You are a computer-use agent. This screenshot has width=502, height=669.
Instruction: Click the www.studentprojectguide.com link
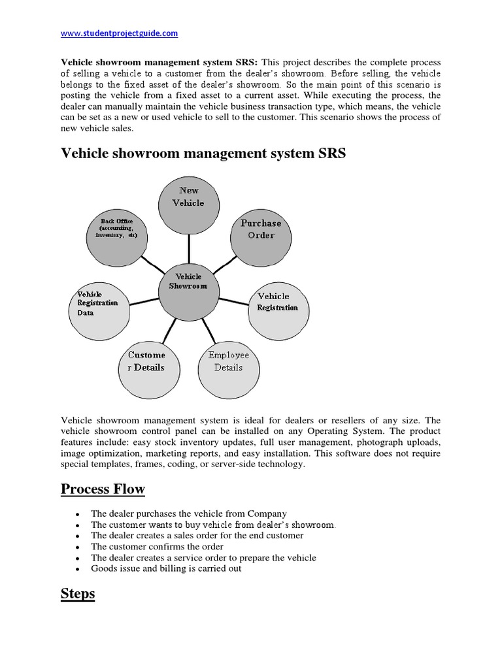click(x=119, y=33)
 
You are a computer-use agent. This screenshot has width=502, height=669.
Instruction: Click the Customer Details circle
click(x=146, y=361)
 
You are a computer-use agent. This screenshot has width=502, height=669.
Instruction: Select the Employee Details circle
click(x=228, y=361)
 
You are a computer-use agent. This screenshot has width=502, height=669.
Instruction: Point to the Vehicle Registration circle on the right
click(x=278, y=303)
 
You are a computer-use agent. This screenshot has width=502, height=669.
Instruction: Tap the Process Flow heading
click(x=103, y=489)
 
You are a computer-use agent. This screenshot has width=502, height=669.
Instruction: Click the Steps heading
click(x=78, y=595)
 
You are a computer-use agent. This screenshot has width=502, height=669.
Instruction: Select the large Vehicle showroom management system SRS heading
click(x=203, y=154)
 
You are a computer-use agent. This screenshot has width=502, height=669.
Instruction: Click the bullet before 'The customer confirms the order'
click(x=78, y=547)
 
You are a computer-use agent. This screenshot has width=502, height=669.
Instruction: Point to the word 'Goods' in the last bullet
click(x=103, y=568)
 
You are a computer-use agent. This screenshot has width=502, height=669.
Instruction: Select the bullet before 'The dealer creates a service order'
click(x=78, y=559)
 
